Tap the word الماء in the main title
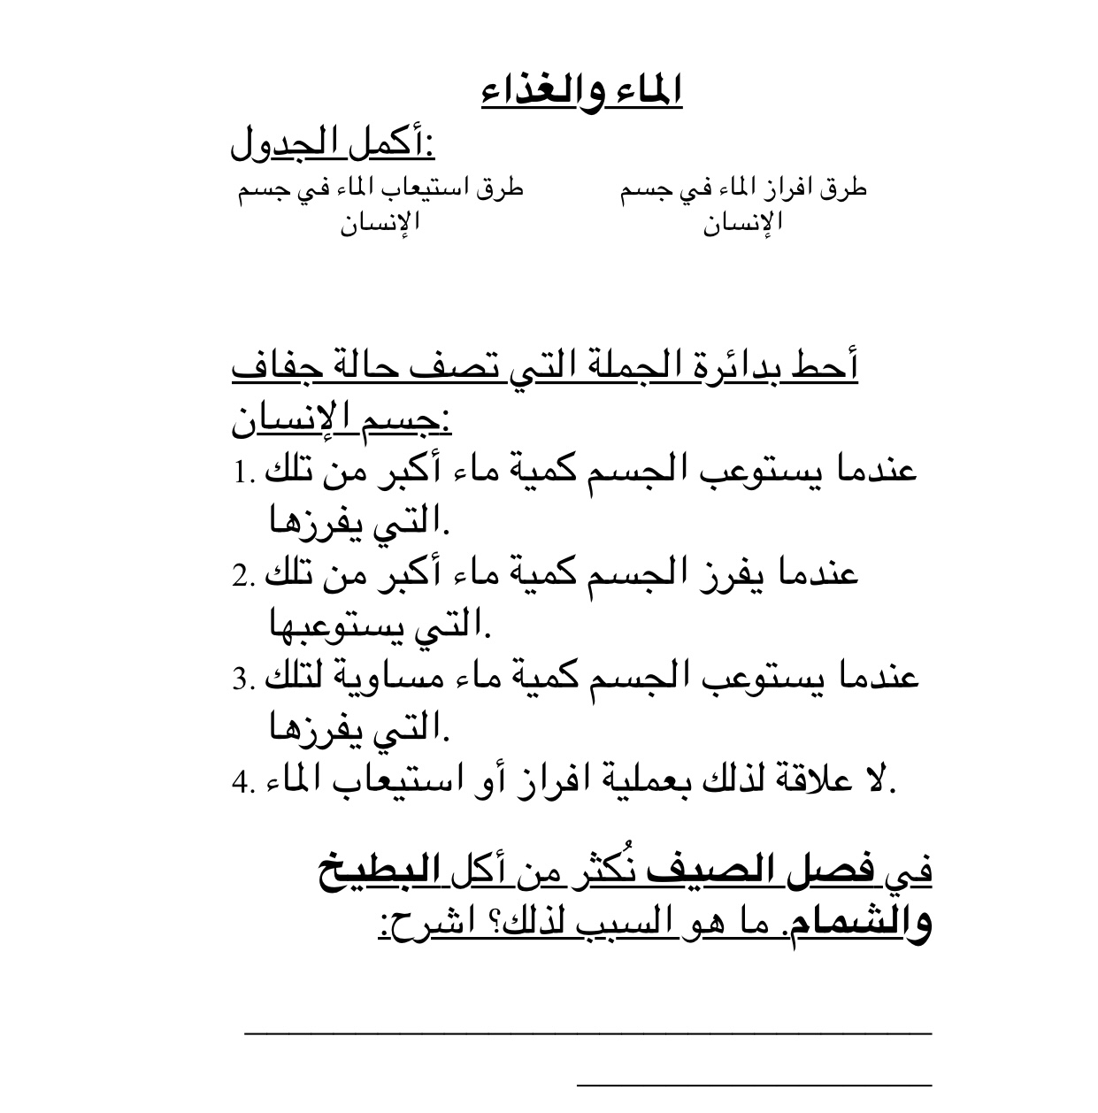(649, 93)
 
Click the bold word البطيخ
(367, 871)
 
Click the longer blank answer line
(587, 1031)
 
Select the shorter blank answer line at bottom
(754, 1081)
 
